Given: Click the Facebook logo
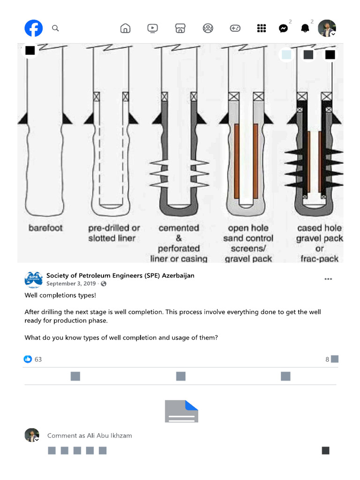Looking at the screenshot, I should (34, 29).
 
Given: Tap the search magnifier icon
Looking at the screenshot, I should (55, 29).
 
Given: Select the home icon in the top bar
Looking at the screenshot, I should (125, 29).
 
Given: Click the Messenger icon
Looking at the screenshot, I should (283, 29).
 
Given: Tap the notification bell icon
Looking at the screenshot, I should (305, 29).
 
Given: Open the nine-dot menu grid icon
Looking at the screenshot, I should (262, 29).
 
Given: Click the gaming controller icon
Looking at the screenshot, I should (235, 29).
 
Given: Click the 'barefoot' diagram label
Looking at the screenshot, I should (45, 228).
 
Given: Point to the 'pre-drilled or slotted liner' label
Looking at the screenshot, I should (114, 233).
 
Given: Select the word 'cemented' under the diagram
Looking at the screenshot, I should (179, 228).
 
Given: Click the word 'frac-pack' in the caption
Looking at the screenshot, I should (319, 259).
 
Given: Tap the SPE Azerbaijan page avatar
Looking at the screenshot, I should (33, 279).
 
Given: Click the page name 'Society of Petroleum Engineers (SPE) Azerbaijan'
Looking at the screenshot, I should (120, 276).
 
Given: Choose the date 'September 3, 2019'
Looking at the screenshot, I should (71, 284).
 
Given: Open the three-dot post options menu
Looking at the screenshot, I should (328, 279).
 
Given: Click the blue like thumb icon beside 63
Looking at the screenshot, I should (28, 359).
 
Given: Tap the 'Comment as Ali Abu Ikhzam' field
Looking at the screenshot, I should (90, 435).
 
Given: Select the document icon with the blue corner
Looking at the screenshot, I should (181, 411).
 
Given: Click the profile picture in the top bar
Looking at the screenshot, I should (327, 29).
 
